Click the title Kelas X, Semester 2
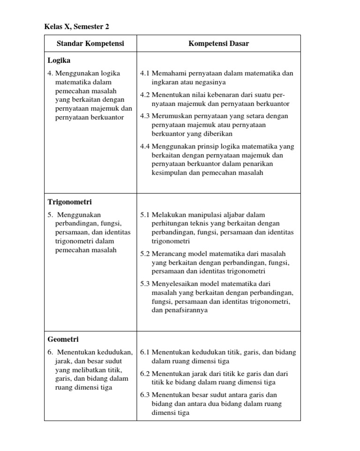[77, 27]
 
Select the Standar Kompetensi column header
[90, 44]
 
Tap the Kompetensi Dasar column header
[218, 44]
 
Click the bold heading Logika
[59, 60]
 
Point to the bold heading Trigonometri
[69, 202]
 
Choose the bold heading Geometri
[63, 339]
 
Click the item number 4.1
[145, 74]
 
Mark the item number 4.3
[145, 116]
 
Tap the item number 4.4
[145, 146]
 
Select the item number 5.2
[145, 253]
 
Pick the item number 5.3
[145, 284]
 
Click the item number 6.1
[145, 352]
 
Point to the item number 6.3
[145, 395]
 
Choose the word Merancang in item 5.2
[168, 253]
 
